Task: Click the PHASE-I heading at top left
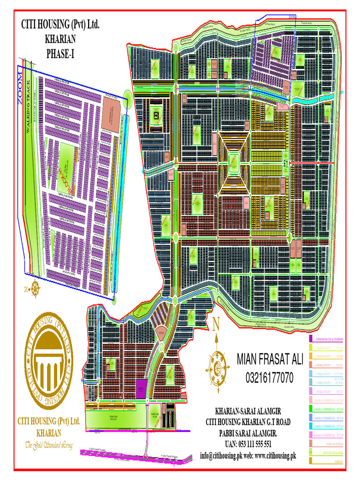click(60, 54)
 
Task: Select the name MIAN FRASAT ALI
click(270, 360)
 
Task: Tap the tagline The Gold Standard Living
click(49, 445)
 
